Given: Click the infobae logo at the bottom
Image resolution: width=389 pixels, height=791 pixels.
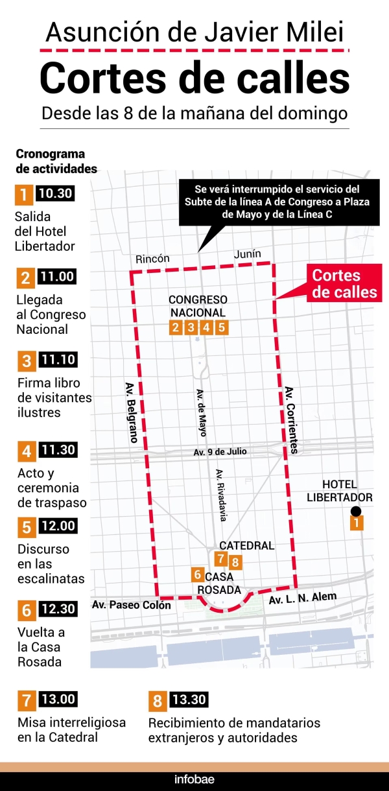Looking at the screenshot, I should click(194, 779).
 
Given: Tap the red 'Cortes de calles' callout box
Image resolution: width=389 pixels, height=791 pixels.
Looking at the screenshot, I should click(344, 283).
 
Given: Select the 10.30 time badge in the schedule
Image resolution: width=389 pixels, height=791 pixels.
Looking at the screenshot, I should click(55, 193).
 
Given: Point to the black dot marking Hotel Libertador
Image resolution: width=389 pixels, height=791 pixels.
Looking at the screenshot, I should click(356, 512).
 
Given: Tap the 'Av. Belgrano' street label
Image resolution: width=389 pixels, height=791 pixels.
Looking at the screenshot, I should click(131, 411).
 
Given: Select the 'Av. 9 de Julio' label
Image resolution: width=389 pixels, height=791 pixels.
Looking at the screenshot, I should click(220, 451).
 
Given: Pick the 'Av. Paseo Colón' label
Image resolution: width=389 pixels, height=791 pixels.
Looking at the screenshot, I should click(132, 605).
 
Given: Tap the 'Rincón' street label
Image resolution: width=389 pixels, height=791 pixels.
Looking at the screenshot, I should click(152, 259).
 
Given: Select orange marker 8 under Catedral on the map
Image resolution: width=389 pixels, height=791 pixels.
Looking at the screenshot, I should click(235, 562).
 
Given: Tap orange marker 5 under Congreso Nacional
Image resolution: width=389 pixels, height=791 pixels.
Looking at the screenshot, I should click(222, 327).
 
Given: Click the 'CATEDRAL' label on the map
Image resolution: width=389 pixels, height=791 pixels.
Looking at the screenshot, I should click(246, 545).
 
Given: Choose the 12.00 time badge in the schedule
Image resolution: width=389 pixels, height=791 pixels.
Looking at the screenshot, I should click(57, 526).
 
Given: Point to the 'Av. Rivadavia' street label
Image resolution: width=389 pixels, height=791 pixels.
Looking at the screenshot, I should click(221, 495).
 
